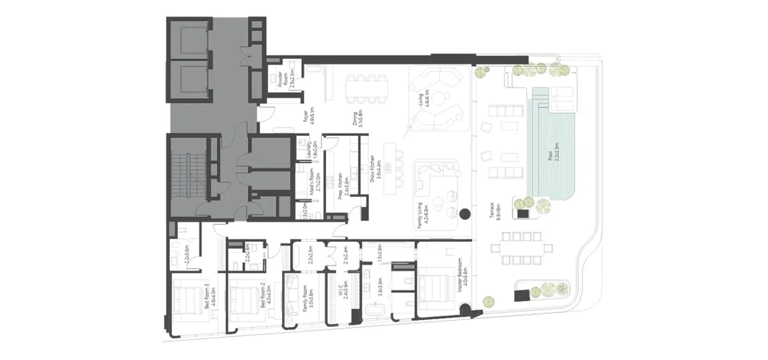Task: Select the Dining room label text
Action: [x=358, y=111]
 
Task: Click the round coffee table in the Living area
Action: [x=440, y=98]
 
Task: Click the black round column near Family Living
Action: [x=464, y=213]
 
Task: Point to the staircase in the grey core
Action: [x=188, y=174]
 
